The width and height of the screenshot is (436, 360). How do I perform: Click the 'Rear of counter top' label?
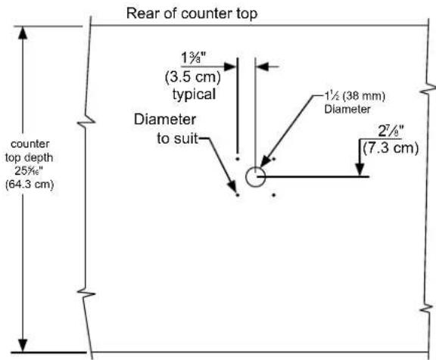click(192, 14)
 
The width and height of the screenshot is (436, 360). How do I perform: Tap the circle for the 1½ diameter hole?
click(247, 177)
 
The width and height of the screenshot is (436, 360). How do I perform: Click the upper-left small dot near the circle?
click(238, 159)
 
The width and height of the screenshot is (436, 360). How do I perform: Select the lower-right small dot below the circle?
click(274, 195)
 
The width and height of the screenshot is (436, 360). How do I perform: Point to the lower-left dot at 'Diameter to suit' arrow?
click(238, 195)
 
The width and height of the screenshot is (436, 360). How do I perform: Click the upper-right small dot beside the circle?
click(274, 159)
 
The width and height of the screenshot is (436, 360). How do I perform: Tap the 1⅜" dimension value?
click(194, 58)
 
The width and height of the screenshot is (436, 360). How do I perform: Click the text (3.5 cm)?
click(193, 76)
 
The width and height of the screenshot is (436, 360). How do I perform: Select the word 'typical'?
click(194, 95)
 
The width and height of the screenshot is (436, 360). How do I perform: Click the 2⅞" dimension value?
click(391, 132)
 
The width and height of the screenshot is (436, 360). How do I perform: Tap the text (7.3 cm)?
click(391, 147)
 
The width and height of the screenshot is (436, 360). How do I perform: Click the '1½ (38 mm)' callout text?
click(355, 96)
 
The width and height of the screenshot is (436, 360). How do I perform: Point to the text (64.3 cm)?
click(30, 185)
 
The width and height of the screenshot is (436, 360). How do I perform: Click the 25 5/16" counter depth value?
click(29, 171)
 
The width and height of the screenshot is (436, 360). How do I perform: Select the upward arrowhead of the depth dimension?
click(23, 33)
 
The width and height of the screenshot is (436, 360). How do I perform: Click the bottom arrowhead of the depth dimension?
click(23, 346)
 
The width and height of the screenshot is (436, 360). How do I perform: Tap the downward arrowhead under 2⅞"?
click(360, 169)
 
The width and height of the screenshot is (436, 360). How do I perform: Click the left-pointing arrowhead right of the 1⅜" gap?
click(262, 67)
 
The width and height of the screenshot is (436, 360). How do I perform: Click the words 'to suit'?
click(177, 138)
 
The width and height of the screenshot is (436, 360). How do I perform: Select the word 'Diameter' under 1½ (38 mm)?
click(347, 109)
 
